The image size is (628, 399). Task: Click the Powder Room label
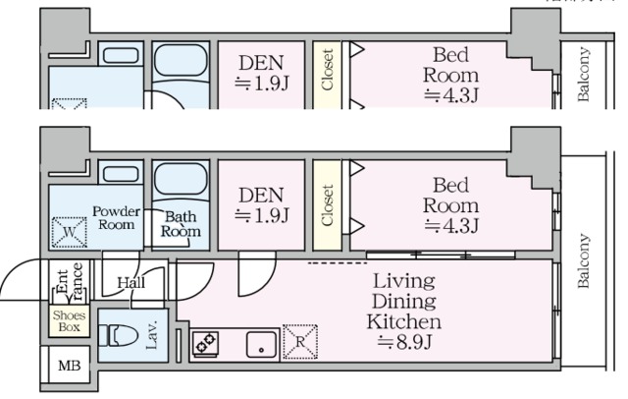(x=116, y=216)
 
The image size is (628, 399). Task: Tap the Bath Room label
(x=182, y=224)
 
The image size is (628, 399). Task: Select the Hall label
(x=131, y=283)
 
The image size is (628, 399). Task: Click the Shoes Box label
(x=69, y=321)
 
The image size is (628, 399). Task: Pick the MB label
(x=69, y=367)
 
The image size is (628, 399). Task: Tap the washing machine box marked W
(x=69, y=234)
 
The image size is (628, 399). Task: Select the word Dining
(x=403, y=302)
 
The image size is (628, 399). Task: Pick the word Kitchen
(x=403, y=321)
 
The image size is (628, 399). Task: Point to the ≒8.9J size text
(x=403, y=342)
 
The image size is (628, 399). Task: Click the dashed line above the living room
(x=332, y=262)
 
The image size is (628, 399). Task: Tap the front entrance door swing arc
(x=20, y=280)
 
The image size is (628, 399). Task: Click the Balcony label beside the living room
(x=584, y=261)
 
